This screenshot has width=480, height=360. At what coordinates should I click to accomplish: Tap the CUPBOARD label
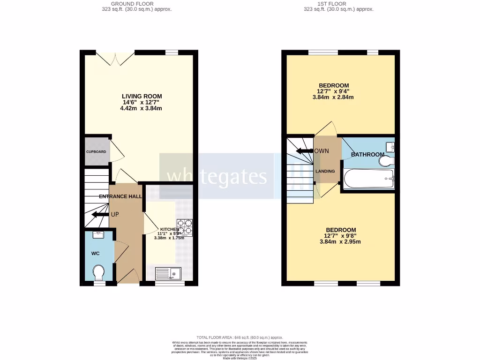(x=96, y=152)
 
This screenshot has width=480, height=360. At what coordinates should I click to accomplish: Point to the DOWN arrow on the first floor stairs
(x=305, y=151)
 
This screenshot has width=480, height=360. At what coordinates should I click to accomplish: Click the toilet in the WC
(x=99, y=272)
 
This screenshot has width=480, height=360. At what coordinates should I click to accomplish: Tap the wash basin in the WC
(x=99, y=234)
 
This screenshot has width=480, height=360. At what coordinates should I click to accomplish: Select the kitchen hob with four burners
(x=185, y=228)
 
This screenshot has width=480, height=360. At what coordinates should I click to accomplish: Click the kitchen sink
(x=167, y=273)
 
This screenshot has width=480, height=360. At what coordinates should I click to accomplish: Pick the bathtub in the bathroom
(x=368, y=179)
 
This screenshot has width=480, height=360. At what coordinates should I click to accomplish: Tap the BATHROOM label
(x=367, y=154)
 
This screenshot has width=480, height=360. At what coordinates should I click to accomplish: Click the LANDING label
(x=325, y=171)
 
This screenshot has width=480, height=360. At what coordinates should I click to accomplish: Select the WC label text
(x=96, y=254)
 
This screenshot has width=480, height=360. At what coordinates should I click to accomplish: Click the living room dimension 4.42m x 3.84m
(x=141, y=108)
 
